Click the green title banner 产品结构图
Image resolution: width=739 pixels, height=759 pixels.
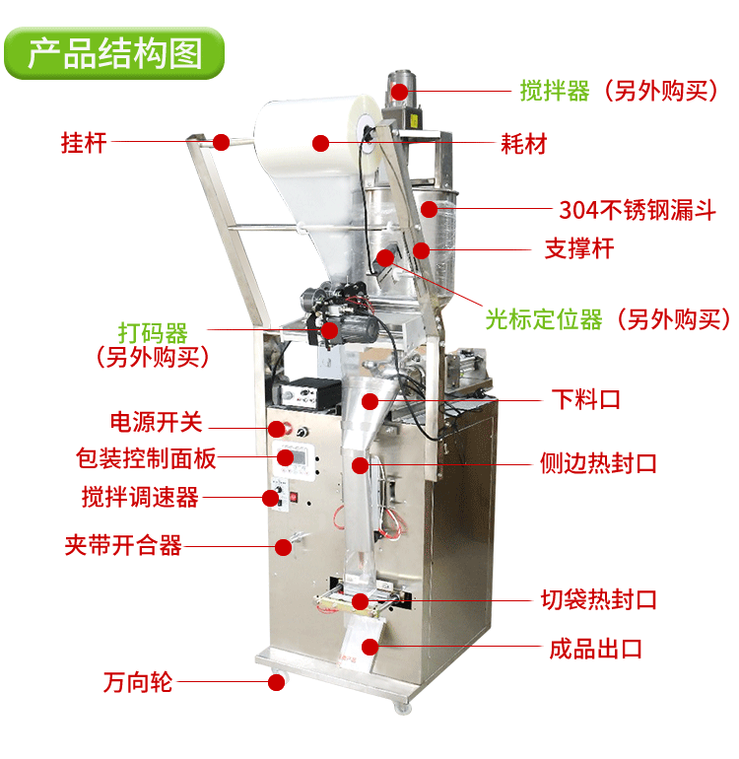(114, 53)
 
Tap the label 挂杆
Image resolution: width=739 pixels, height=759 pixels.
(84, 142)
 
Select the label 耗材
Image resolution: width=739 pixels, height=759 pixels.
(523, 144)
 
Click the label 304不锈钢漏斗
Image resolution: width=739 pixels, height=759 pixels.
(638, 210)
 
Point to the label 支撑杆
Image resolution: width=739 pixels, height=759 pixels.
(579, 248)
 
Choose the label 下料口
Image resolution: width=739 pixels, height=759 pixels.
(586, 399)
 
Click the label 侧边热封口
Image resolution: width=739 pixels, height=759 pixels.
(598, 463)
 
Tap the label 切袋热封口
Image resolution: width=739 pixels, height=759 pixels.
(599, 599)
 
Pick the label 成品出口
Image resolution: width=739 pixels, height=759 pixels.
(595, 649)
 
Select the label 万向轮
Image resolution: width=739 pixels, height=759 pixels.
(137, 682)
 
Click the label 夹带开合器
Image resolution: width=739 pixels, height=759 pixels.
(123, 545)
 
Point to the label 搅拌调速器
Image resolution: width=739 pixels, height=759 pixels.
(140, 497)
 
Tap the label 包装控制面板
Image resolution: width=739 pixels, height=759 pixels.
(146, 458)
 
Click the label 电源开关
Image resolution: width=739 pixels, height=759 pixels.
(157, 422)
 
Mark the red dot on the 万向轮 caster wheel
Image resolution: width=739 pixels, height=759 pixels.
(276, 682)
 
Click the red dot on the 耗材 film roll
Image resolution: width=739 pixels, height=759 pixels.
(321, 143)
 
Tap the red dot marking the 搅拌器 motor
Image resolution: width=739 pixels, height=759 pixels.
(399, 92)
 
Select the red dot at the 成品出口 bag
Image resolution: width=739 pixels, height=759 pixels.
(370, 647)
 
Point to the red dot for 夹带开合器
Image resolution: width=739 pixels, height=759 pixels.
(283, 547)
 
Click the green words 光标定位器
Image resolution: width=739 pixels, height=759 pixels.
(544, 319)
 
